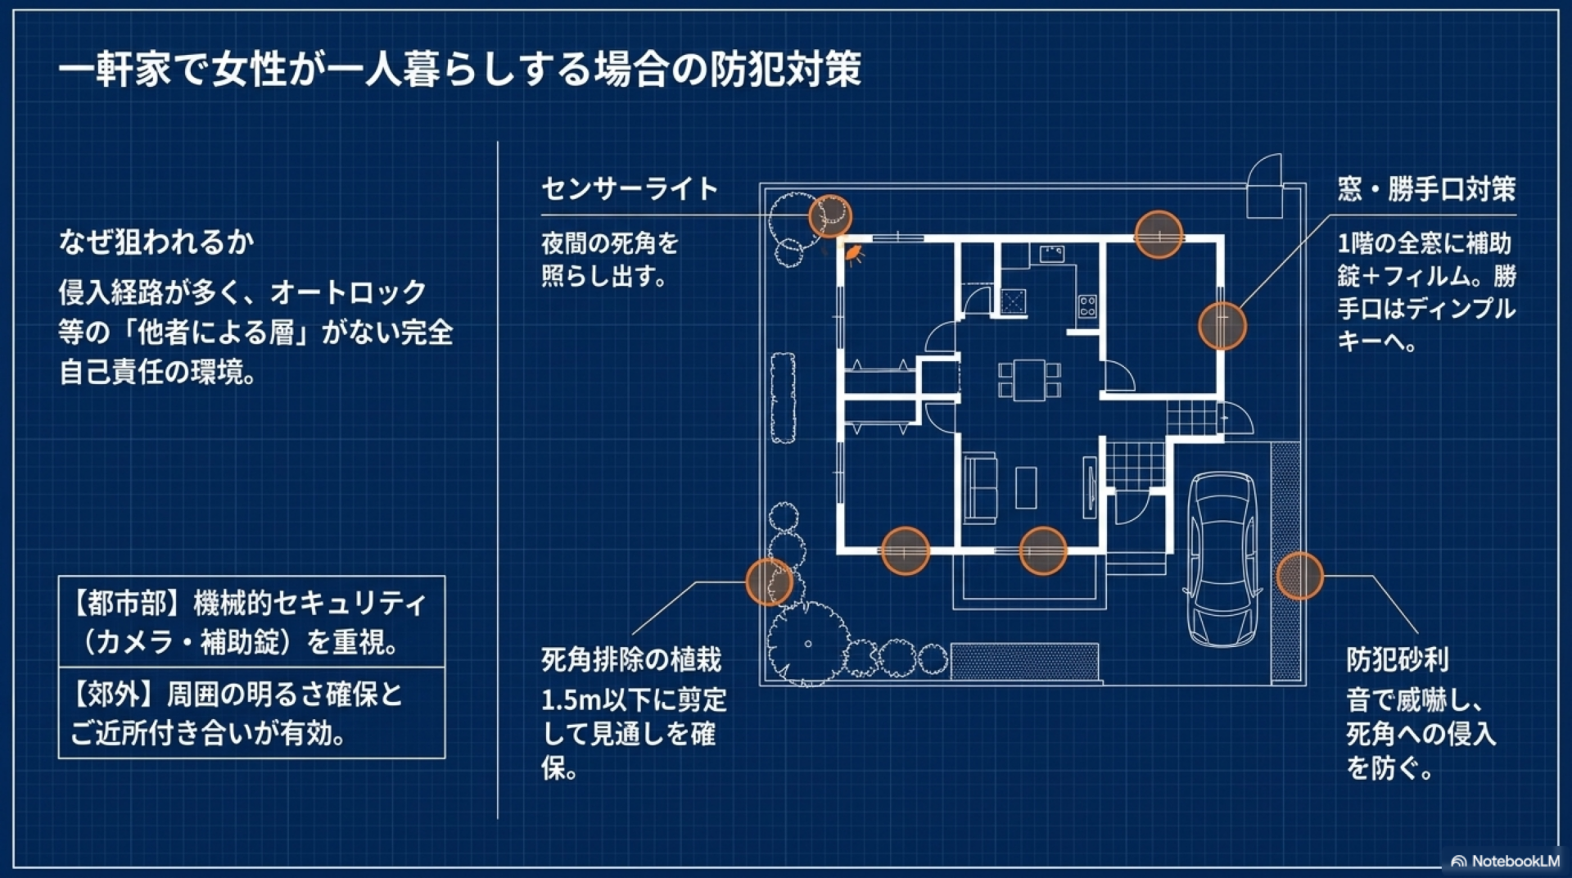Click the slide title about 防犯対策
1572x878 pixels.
pos(459,69)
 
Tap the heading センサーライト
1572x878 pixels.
pos(630,189)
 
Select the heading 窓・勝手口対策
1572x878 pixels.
pos(1426,189)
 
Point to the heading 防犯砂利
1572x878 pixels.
pos(1398,659)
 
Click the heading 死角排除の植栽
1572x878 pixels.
pos(631,659)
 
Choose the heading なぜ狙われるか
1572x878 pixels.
pos(156,242)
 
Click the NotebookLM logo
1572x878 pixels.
pos(1505,861)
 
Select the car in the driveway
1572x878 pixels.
pos(1222,559)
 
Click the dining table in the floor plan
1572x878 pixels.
pos(1029,380)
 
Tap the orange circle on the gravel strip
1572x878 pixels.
pos(1299,576)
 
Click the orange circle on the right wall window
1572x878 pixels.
pos(1222,325)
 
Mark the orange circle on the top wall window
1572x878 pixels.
pos(1159,234)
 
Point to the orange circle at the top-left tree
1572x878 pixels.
pos(830,216)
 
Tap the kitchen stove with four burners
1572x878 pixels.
pos(1087,306)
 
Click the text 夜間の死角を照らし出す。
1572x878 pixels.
pos(610,259)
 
